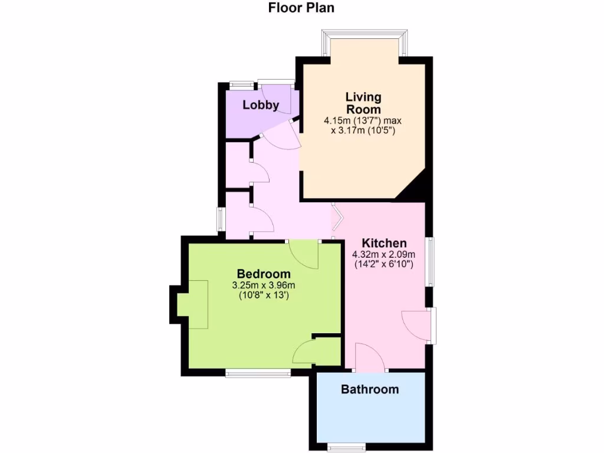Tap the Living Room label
click(363, 103)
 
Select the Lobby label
click(261, 106)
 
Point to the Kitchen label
click(384, 243)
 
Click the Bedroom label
click(263, 274)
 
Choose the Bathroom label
click(370, 389)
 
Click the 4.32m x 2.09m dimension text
click(383, 255)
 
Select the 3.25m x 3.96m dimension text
click(263, 285)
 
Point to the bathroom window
click(347, 445)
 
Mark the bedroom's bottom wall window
click(258, 373)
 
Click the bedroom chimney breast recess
click(193, 304)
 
